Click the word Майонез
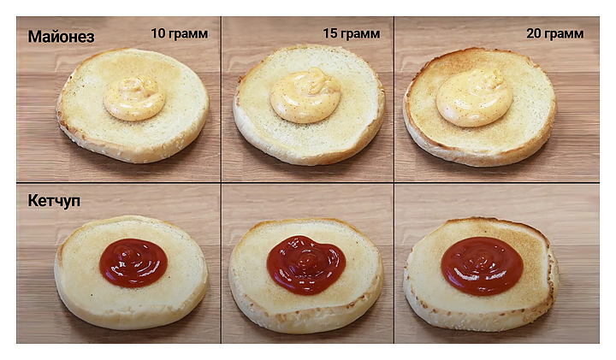pos(61,37)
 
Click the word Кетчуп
pos(54,201)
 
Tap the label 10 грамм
pos(179,33)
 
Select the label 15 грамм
pos(352,33)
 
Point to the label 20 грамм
pos(554,33)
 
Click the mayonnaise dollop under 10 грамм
pos(134,98)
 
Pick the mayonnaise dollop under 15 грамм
pos(305,96)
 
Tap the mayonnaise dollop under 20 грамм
pos(474,98)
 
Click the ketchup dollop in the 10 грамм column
pos(133,263)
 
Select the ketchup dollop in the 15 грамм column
pos(306,265)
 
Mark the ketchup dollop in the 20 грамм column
pos(482,266)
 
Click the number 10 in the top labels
pos(158,33)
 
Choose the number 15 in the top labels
pos(330,33)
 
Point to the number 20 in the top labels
pos(534,33)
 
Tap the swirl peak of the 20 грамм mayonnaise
pos(493,76)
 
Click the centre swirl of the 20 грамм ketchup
pos(482,259)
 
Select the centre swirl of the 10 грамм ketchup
pos(131,257)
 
